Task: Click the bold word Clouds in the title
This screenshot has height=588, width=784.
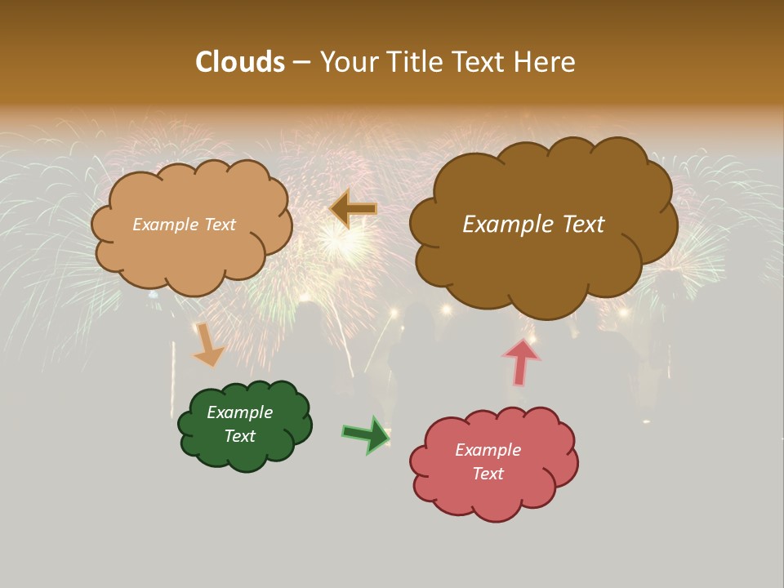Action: pos(239,62)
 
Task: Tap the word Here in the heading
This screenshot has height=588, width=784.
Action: pos(547,62)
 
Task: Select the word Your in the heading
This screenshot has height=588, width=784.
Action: pos(347,62)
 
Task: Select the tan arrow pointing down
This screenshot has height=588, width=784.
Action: pos(208,345)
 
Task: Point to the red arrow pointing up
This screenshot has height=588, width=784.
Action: pos(520,361)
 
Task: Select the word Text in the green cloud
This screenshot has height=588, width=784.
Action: pos(240,436)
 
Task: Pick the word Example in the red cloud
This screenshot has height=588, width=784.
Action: pos(488,450)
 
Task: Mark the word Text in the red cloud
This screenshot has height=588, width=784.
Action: pos(488,474)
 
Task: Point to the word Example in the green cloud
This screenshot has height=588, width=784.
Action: pos(240,412)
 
